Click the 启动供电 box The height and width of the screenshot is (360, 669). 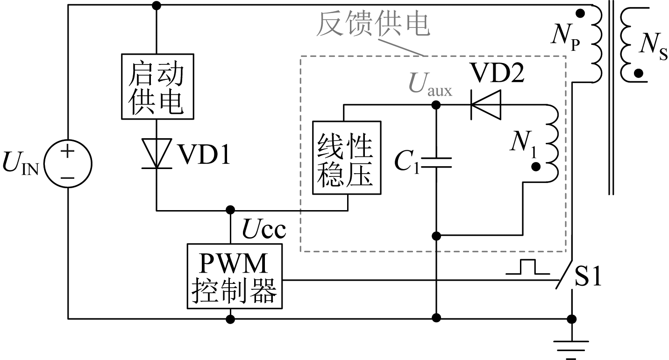(x=156, y=85)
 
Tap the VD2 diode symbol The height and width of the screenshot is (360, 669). (x=486, y=105)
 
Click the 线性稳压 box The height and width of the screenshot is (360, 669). (x=346, y=157)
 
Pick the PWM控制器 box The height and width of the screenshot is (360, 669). (x=235, y=276)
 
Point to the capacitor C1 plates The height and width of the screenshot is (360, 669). (x=436, y=162)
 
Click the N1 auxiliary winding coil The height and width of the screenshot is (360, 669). (x=552, y=143)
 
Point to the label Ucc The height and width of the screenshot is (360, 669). (x=263, y=229)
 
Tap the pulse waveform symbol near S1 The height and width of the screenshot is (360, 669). (x=528, y=267)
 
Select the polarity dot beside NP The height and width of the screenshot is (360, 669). (x=580, y=14)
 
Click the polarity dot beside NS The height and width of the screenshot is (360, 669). (x=638, y=73)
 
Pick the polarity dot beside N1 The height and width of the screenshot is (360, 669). (x=536, y=166)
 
